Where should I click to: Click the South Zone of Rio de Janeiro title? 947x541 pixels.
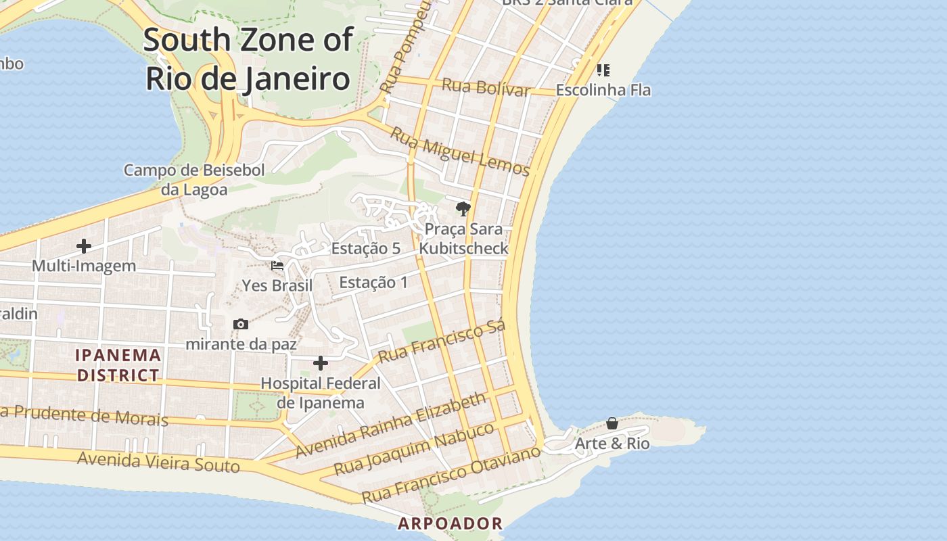point(248,60)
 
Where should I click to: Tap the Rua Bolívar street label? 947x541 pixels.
point(485,87)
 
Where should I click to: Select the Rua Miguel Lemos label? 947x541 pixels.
point(460,152)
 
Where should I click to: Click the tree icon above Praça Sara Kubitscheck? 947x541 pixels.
point(463,208)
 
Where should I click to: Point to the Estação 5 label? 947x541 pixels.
point(365,248)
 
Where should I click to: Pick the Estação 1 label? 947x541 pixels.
point(373,282)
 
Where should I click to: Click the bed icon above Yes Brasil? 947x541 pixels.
point(277,266)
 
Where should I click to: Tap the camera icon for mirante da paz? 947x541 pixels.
point(241,325)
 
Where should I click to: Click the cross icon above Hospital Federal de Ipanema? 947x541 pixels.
point(321,364)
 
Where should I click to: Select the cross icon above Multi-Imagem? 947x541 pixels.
point(84,246)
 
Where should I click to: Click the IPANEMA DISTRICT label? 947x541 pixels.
point(118,365)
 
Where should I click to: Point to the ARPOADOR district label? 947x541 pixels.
point(450,523)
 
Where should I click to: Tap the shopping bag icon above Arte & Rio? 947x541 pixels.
point(612,423)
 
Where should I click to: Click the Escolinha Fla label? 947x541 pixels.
point(603,89)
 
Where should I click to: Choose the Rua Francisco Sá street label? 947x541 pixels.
point(442,342)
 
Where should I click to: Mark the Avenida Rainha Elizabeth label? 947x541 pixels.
point(391,425)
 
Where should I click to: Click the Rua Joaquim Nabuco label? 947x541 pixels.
point(414,449)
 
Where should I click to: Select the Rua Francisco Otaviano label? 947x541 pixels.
point(451,474)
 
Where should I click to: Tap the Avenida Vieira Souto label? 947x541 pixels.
point(158,462)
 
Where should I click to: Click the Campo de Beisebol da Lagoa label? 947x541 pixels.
point(194,180)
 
